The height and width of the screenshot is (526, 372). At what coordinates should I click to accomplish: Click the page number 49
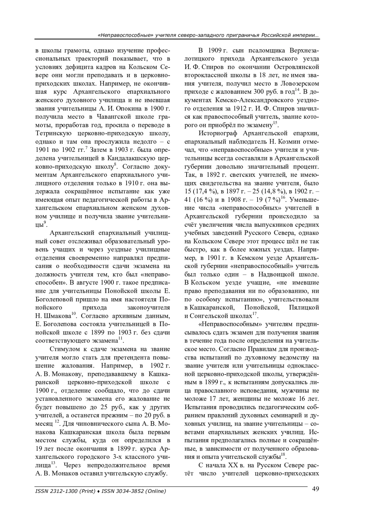[315, 489]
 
